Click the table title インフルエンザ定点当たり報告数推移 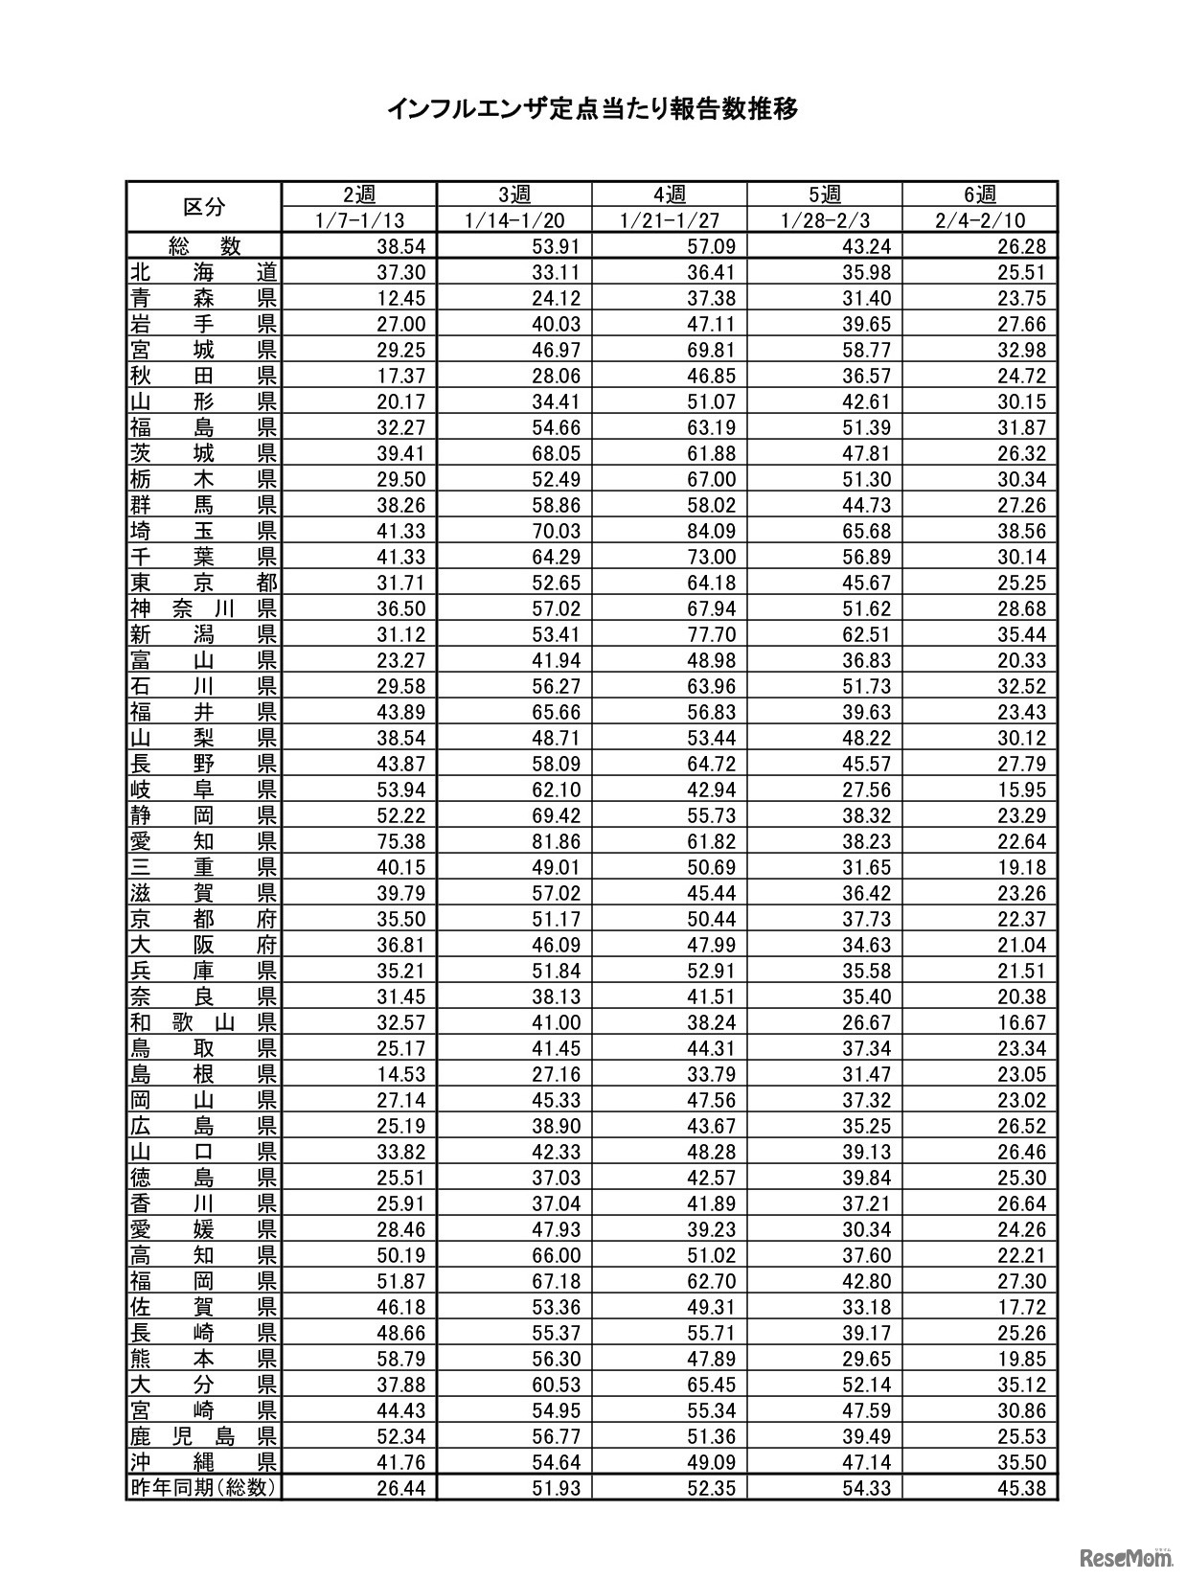click(x=592, y=108)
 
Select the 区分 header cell click(x=204, y=206)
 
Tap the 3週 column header click(x=514, y=195)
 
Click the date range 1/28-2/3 click(x=825, y=220)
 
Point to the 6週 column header click(x=980, y=195)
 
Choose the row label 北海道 click(x=204, y=272)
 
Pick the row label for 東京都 click(x=204, y=583)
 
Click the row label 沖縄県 click(x=204, y=1462)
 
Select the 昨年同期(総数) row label click(x=204, y=1488)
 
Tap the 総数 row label click(x=204, y=246)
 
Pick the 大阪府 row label click(x=204, y=945)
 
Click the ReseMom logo click(x=1127, y=1556)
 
